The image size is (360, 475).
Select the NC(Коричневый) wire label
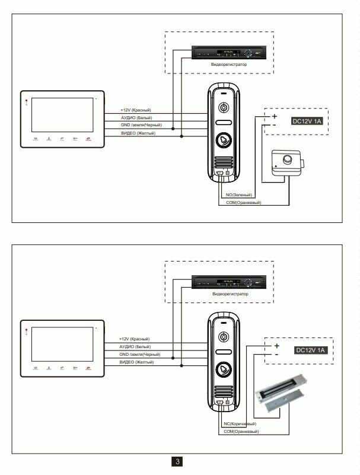click(240, 424)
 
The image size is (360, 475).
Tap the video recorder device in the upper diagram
click(229, 53)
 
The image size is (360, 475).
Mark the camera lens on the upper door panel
click(223, 109)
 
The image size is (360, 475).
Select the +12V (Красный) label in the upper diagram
click(136, 111)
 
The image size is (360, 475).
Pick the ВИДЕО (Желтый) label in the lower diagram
click(136, 362)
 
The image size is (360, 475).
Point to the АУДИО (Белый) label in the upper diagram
click(136, 118)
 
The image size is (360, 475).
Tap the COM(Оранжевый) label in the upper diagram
click(244, 203)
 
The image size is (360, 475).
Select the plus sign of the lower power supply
click(275, 345)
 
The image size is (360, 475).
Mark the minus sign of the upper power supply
click(275, 125)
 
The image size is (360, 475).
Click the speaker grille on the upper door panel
click(223, 162)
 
